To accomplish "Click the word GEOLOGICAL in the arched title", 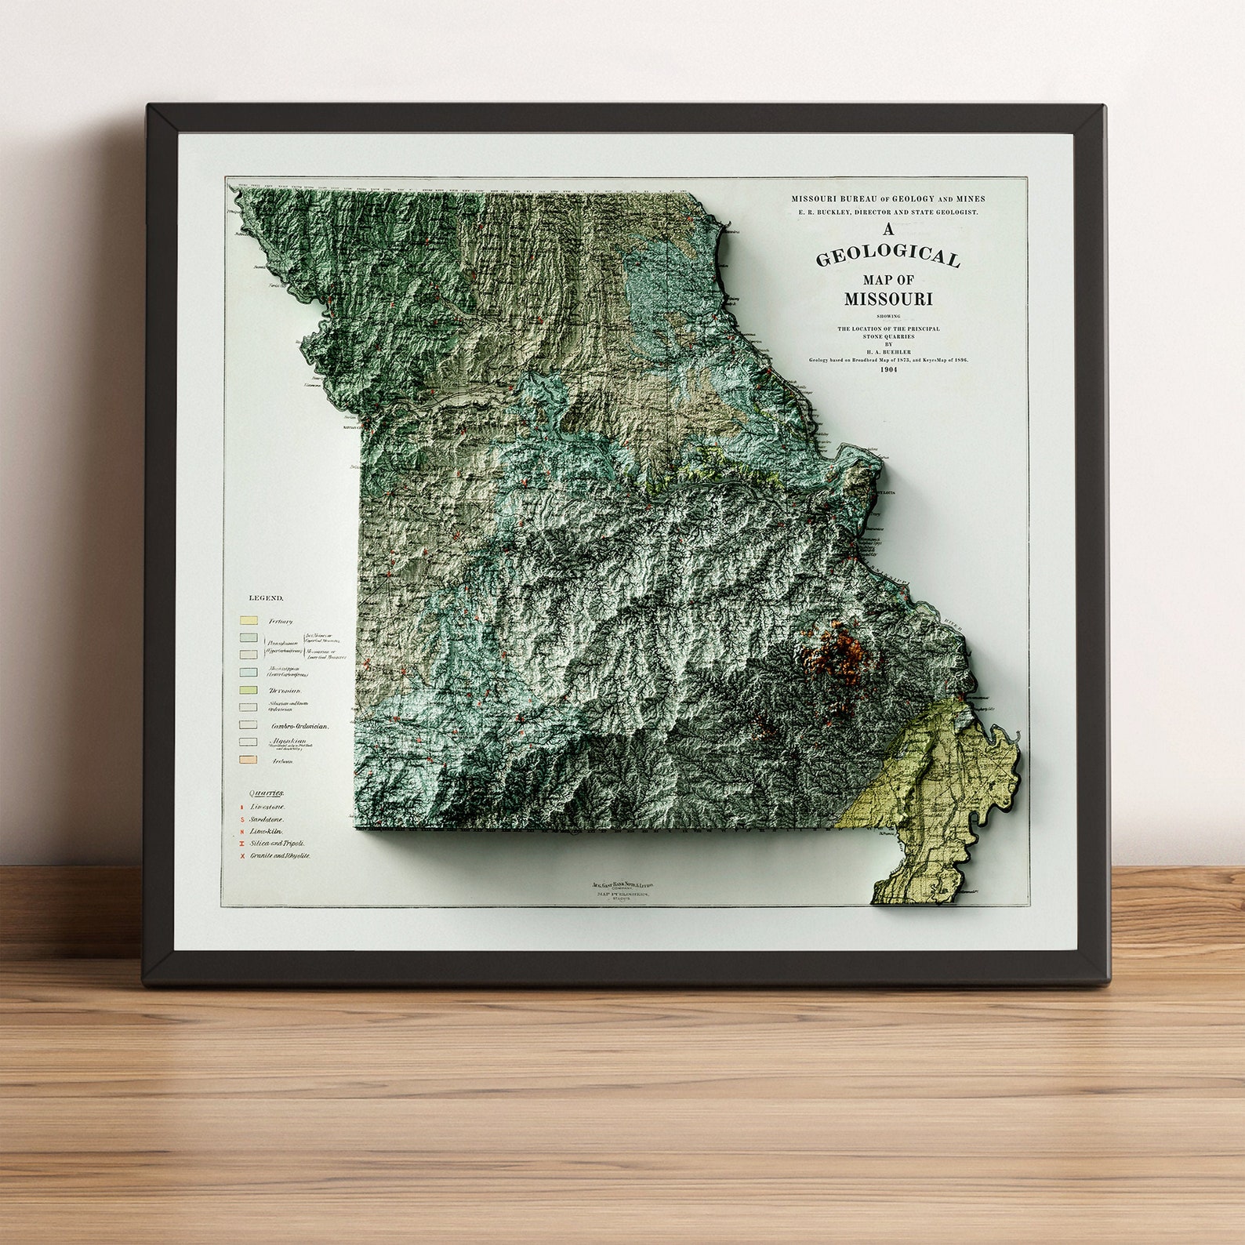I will click(887, 258).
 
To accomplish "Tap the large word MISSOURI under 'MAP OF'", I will click(887, 299).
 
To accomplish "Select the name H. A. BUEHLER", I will click(888, 351).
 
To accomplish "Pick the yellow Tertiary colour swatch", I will click(249, 620).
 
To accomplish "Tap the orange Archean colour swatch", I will click(249, 759).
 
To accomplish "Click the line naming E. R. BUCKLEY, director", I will click(888, 212).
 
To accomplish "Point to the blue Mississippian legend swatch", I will click(249, 671).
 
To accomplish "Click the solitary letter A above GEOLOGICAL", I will click(888, 230).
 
